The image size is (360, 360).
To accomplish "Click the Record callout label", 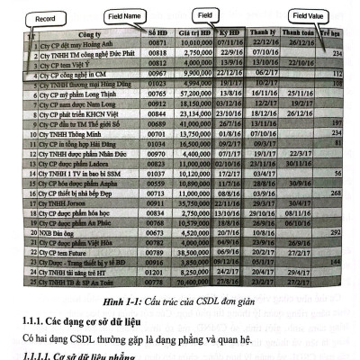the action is (35, 17).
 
